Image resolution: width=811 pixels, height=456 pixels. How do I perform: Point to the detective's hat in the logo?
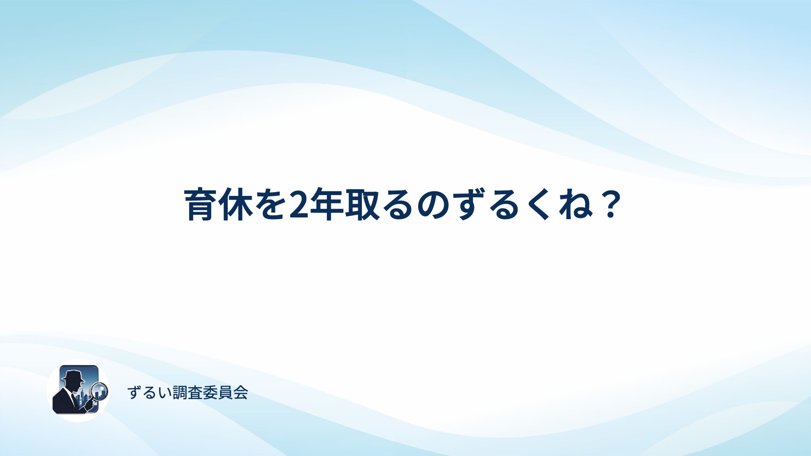[73, 375]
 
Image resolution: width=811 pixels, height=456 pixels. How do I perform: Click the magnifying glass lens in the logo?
[100, 391]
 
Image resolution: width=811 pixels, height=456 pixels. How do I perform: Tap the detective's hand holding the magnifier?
[89, 404]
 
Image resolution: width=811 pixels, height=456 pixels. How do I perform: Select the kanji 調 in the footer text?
[180, 393]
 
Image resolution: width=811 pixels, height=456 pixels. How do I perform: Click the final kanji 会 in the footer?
[240, 393]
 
